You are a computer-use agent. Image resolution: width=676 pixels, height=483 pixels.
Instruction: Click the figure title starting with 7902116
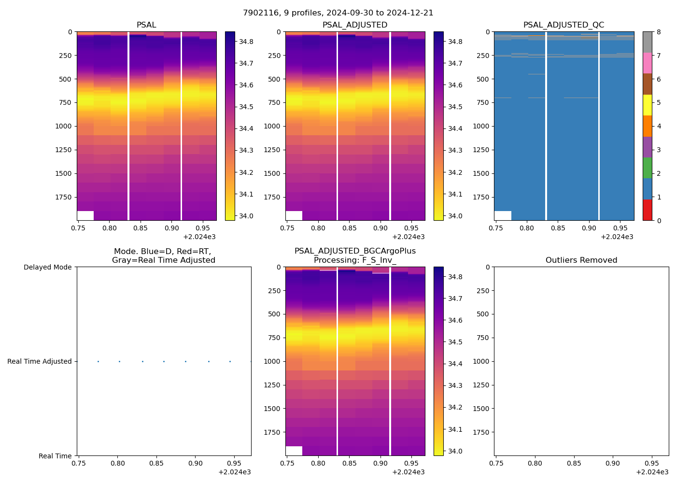[338, 13]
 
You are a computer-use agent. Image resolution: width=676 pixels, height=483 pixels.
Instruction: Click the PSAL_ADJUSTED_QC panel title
[563, 25]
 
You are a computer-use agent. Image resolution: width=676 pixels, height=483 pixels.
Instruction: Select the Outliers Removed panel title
[581, 260]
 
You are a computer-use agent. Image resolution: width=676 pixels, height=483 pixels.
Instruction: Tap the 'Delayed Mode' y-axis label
[47, 267]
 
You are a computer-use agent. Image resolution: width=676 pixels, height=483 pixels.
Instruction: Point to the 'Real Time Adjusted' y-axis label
[40, 361]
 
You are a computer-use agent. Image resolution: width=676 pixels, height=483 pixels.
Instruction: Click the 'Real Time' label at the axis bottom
[55, 456]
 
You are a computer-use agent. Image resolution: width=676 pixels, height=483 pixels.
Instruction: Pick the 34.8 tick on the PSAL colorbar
[246, 42]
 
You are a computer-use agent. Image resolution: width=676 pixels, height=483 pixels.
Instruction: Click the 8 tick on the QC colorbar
[659, 32]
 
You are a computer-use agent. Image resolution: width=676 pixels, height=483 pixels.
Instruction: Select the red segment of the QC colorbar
[648, 210]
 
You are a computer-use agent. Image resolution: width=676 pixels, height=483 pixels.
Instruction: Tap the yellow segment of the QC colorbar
[648, 105]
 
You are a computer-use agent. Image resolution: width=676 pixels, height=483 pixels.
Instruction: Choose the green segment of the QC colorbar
[648, 168]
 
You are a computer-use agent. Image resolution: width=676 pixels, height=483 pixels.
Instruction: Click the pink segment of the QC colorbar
[648, 63]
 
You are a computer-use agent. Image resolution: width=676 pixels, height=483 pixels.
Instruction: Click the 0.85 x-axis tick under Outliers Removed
[574, 463]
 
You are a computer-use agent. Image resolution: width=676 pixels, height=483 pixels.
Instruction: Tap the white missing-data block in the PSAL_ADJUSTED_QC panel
[503, 215]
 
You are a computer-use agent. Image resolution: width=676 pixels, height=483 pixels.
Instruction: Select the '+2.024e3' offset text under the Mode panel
[234, 472]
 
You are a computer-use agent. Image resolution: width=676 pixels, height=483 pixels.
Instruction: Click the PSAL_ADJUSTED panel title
[355, 25]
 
